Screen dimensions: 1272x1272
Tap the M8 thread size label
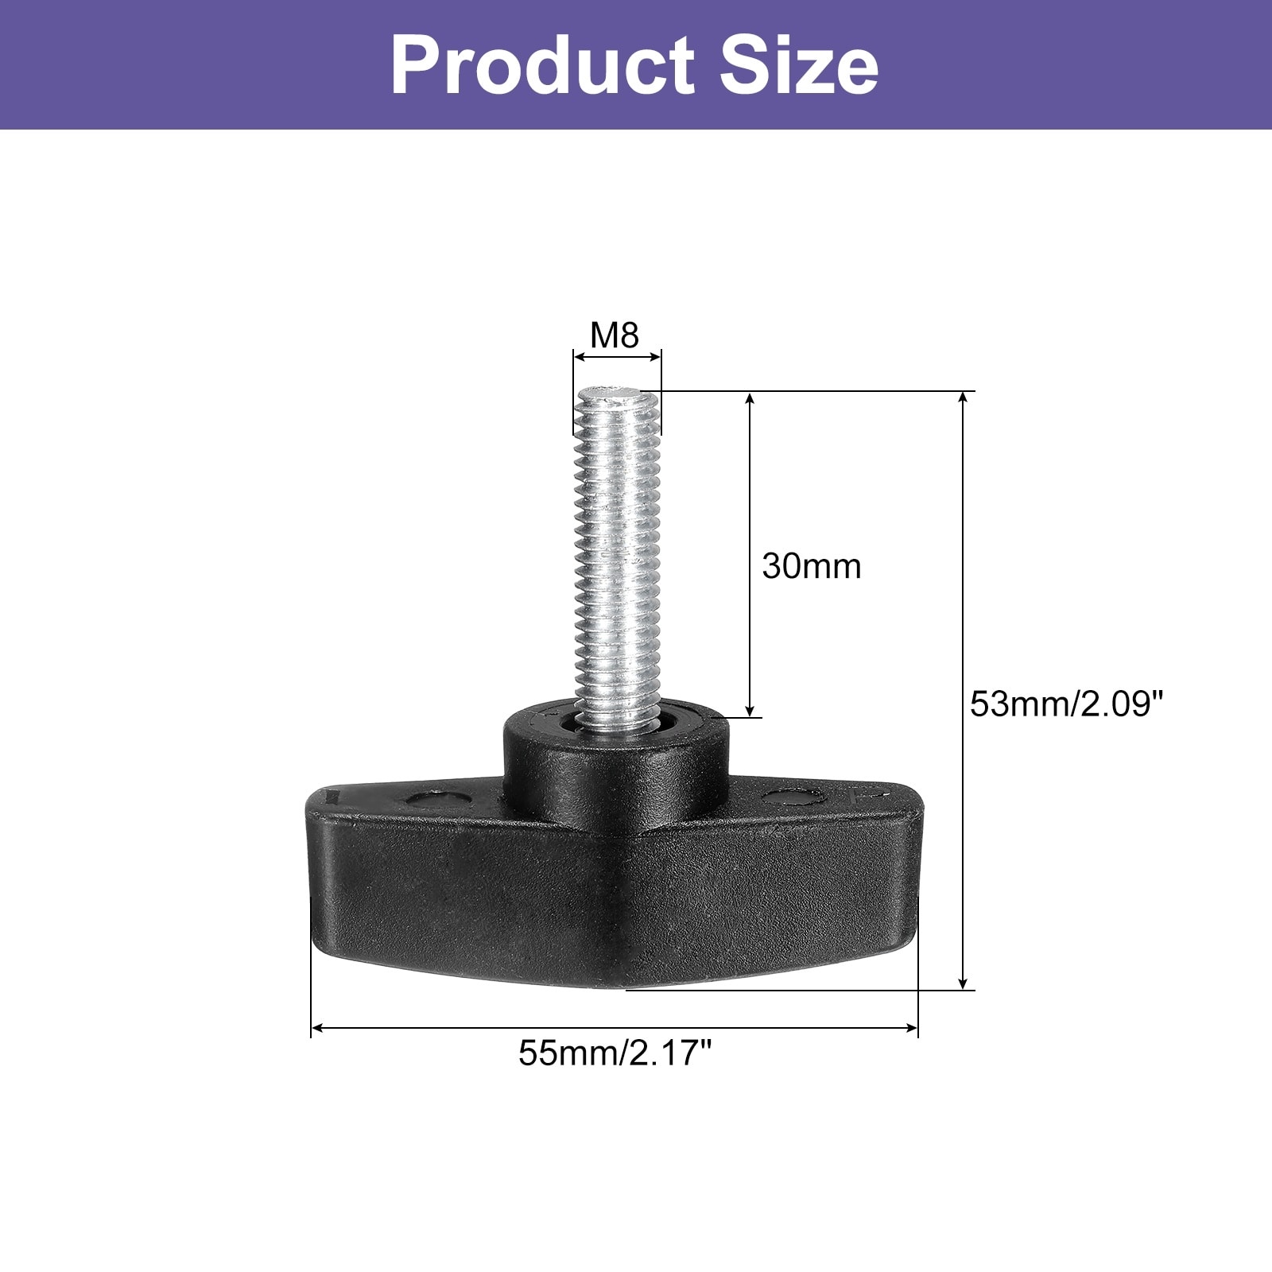coord(615,335)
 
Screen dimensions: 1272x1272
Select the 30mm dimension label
coord(812,566)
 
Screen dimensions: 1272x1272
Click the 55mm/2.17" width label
coord(615,1054)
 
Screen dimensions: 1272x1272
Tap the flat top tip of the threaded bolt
coord(610,394)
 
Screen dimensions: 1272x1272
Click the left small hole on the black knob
coord(433,797)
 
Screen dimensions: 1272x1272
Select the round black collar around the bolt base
coord(615,755)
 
